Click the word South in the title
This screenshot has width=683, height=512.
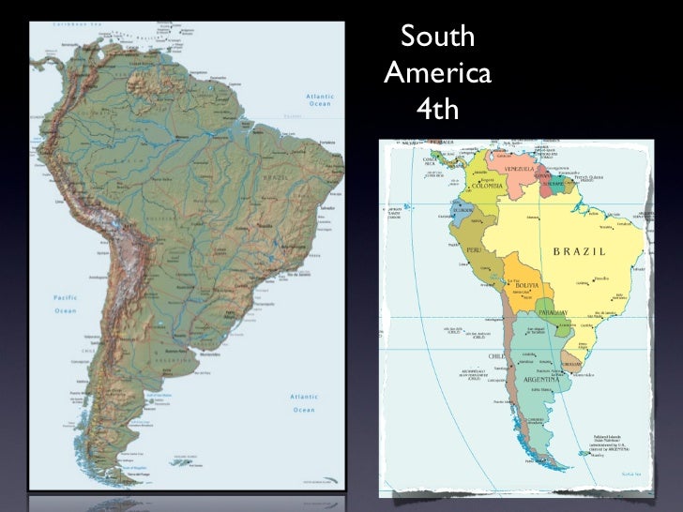tap(438, 39)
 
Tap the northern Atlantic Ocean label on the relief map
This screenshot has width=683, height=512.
tap(322, 100)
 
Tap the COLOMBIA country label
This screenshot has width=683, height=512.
tap(487, 187)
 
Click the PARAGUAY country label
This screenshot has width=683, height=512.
tap(555, 312)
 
